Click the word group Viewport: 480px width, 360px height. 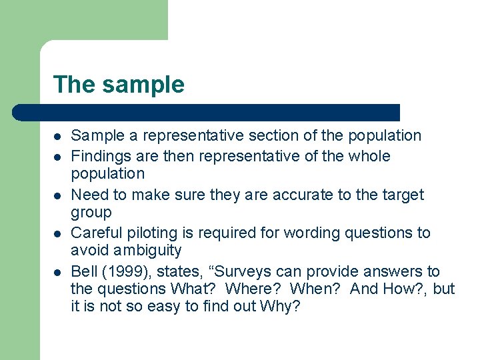click(x=91, y=212)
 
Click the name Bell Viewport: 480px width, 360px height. click(x=83, y=271)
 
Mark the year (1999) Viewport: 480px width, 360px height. click(x=124, y=271)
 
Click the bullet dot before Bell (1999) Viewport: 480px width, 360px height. click(x=57, y=272)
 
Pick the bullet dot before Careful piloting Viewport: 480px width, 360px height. click(x=57, y=233)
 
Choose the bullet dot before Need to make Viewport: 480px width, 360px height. click(x=57, y=195)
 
